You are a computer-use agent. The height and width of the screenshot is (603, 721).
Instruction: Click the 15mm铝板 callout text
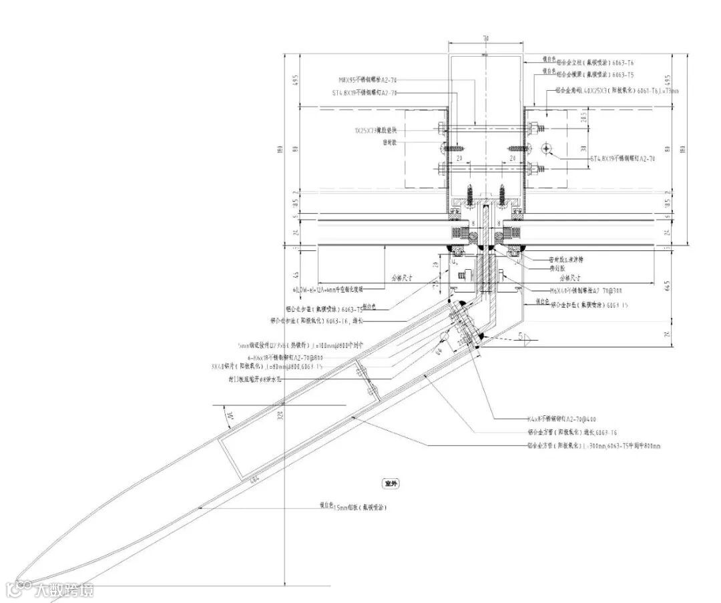353,508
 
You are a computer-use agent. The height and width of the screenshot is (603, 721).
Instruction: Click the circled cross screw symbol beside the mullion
546,148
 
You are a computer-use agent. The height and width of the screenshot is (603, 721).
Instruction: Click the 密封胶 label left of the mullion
391,142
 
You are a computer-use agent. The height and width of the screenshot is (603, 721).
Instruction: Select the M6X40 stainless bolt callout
588,290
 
